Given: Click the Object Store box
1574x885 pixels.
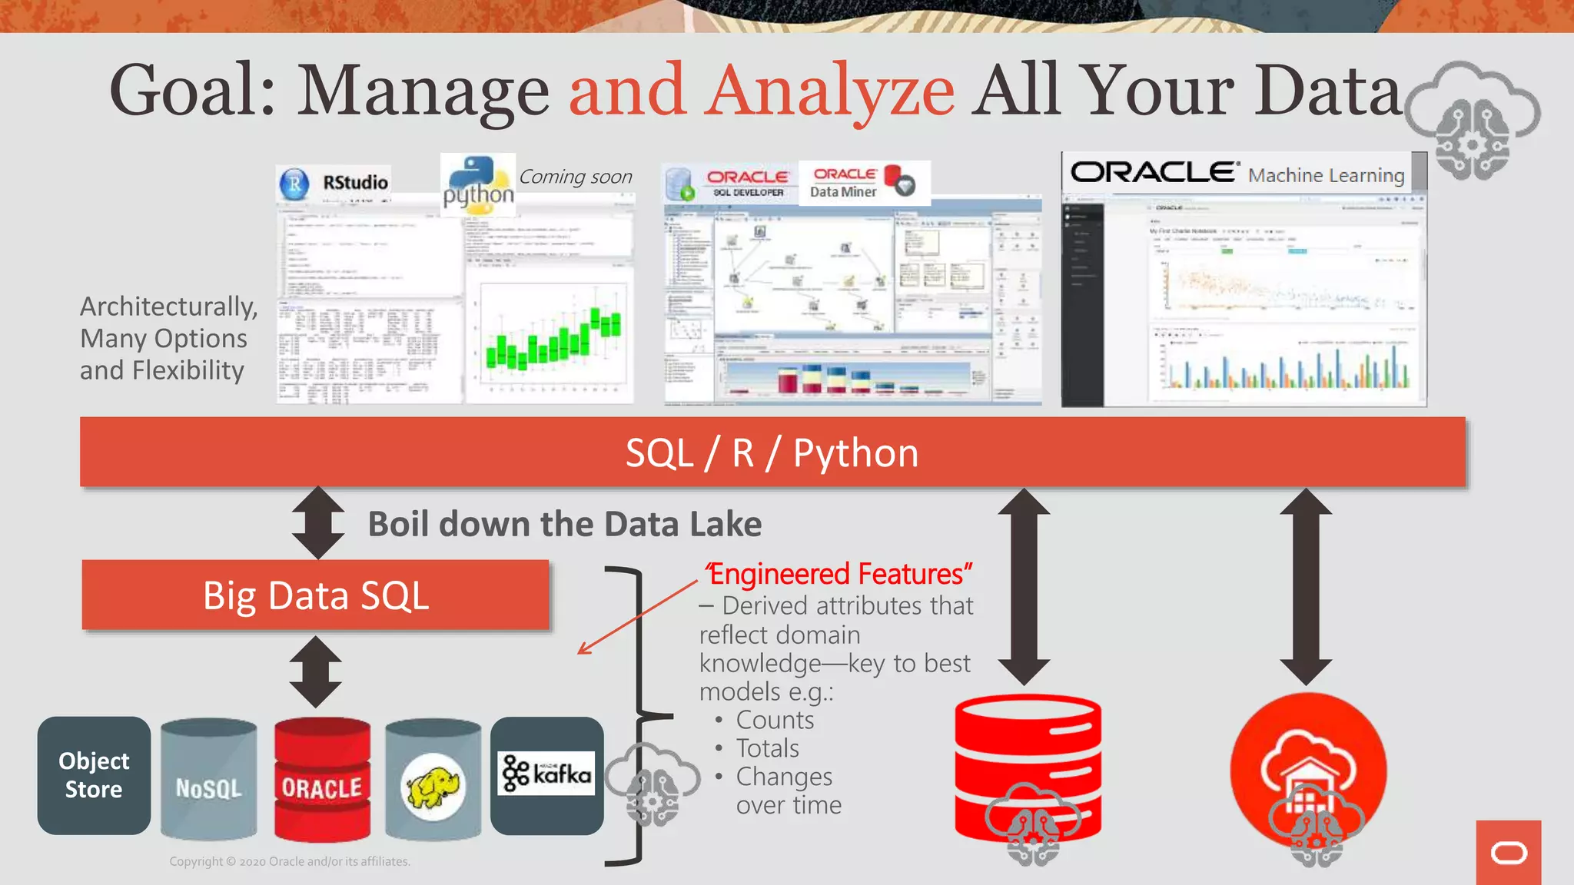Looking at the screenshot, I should [94, 775].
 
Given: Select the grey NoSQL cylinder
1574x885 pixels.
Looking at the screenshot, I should [208, 779].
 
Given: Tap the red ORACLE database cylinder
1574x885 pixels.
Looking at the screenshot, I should [322, 779].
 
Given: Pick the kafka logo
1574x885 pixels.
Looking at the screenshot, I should [546, 774].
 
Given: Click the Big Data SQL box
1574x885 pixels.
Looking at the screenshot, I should [316, 595].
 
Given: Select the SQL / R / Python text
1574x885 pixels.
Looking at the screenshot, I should [772, 452].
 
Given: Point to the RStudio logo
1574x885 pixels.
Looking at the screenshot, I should [334, 183].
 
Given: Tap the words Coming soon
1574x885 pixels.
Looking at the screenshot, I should [576, 177].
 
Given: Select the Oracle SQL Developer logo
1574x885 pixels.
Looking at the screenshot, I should [730, 184].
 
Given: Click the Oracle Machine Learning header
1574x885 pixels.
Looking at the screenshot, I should [1239, 174].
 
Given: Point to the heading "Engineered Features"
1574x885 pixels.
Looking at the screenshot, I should [839, 574].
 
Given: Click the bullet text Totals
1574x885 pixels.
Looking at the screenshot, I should [767, 748].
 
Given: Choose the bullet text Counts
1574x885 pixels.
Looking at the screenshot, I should [775, 720].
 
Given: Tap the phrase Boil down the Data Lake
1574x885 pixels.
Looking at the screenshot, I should [565, 524].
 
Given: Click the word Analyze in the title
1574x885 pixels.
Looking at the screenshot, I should [831, 91].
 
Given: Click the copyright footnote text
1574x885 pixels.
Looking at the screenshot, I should [290, 861].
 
